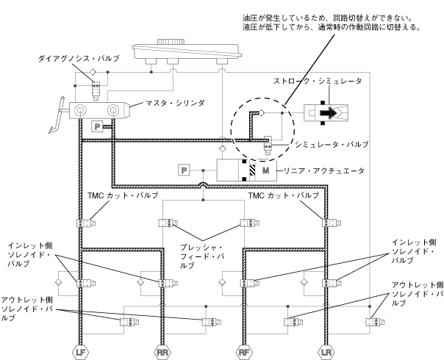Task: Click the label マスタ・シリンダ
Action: (175, 103)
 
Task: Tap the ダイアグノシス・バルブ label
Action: (81, 57)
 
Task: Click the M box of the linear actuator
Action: (265, 171)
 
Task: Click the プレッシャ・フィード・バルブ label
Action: (199, 256)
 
